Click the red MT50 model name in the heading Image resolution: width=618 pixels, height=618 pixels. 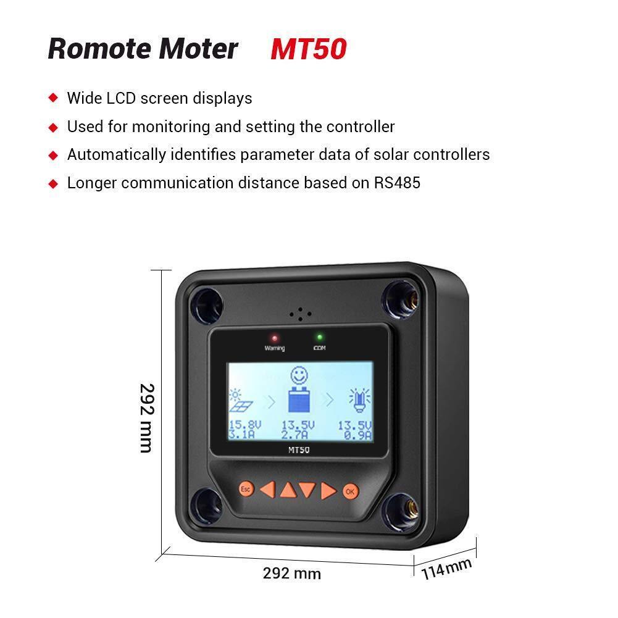(x=309, y=49)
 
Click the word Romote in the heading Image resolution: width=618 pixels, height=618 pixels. (x=100, y=49)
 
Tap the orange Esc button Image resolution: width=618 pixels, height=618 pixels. (x=246, y=489)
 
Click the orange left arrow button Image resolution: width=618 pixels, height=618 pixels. (x=267, y=490)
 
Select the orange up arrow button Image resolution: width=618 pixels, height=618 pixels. (x=288, y=490)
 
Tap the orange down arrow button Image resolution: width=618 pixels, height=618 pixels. (x=307, y=490)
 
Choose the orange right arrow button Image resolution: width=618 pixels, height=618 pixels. (x=328, y=491)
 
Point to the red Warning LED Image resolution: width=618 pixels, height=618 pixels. (x=274, y=338)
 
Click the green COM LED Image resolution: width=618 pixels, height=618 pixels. (x=319, y=337)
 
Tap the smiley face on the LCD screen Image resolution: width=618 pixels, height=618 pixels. (x=299, y=375)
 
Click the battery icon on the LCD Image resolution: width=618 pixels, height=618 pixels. (x=299, y=399)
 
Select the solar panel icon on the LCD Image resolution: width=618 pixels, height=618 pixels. (x=240, y=401)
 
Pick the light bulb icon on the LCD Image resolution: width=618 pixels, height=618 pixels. (x=360, y=400)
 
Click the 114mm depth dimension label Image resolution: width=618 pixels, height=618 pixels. (x=446, y=569)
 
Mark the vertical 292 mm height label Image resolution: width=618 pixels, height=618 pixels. (x=147, y=418)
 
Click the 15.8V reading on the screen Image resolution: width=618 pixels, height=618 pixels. (x=244, y=425)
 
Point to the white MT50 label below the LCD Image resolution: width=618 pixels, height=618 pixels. (x=299, y=449)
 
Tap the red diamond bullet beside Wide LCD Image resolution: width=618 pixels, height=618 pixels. (x=53, y=98)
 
